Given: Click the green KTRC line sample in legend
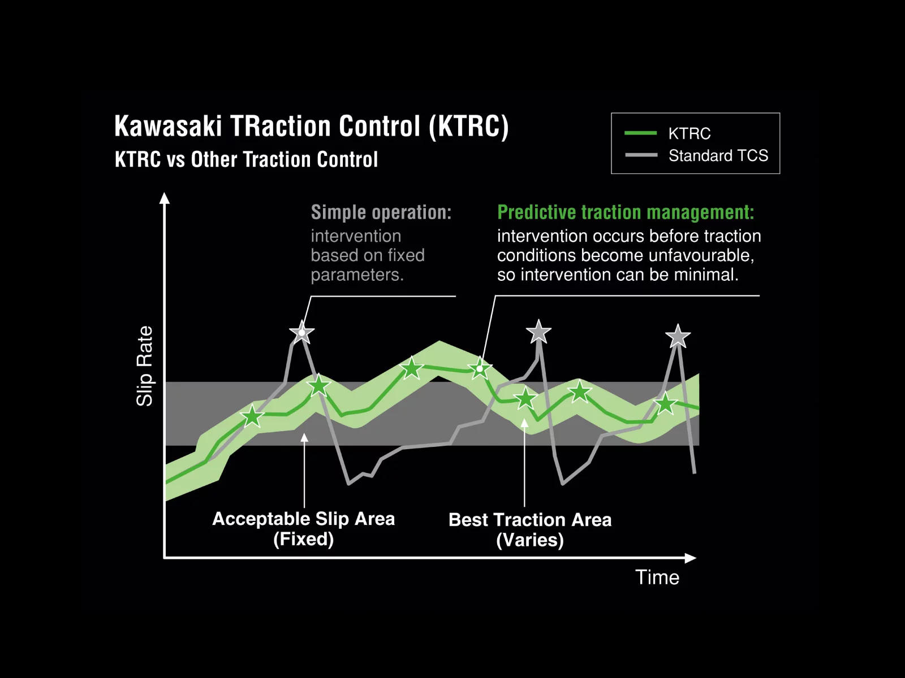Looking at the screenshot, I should pos(640,133).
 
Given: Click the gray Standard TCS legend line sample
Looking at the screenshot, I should pos(641,155).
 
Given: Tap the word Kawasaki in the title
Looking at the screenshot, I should pos(168,126).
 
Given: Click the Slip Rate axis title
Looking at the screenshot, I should pos(145,366).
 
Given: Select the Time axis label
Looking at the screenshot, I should pos(657,577).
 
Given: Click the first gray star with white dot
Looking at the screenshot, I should pos(301,333).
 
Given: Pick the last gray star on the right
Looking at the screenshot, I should pos(678,337).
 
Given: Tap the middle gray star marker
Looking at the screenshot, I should pos(538,332).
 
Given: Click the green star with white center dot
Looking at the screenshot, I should pos(480,369).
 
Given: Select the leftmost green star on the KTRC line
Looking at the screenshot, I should pos(252,417).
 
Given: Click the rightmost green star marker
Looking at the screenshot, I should pos(665,403).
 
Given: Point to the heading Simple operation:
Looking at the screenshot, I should pos(381,212).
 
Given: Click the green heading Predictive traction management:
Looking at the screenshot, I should pos(625,212).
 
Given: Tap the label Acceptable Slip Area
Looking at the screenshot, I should pos(303,519).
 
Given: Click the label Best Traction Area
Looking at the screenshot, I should pos(529,520).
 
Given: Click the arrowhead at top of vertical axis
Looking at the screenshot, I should pos(165,198).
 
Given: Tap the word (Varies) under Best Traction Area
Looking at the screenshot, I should pos(529,540).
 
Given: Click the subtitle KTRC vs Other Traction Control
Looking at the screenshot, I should pos(246,160).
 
